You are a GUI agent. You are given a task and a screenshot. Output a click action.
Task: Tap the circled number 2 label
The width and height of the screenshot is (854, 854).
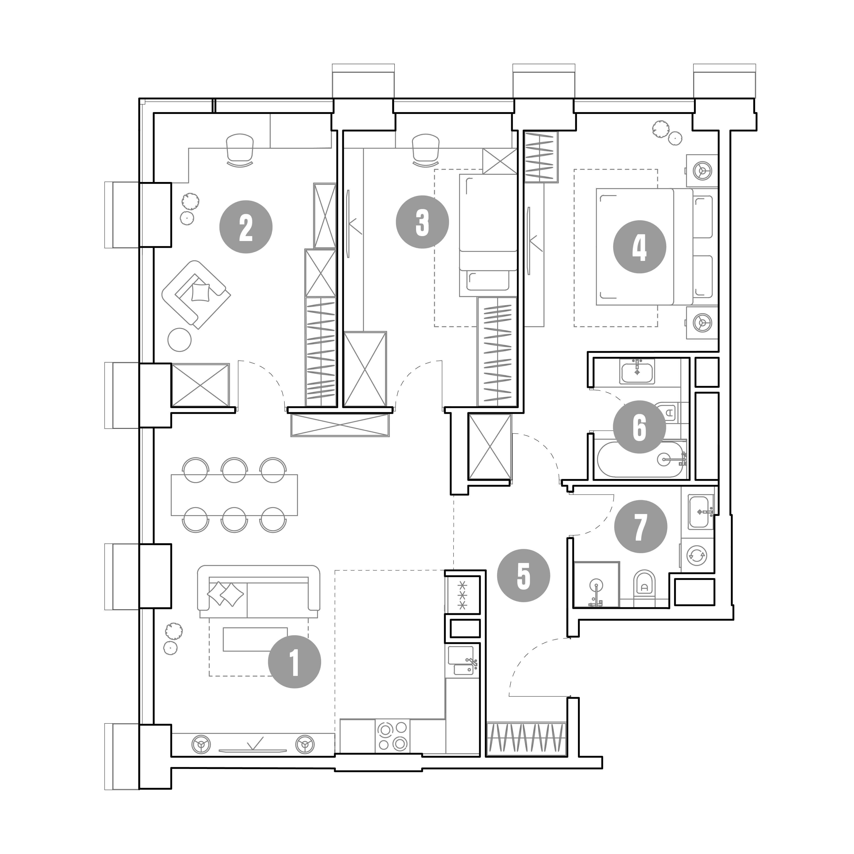[246, 227]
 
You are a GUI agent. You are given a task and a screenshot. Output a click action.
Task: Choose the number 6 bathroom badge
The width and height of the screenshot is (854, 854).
[639, 427]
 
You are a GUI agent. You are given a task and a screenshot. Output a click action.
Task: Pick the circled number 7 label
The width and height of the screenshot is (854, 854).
[640, 527]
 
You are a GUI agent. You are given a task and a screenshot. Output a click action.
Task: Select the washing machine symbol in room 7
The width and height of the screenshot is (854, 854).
[697, 555]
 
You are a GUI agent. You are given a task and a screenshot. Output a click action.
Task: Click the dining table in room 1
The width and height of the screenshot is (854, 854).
[234, 495]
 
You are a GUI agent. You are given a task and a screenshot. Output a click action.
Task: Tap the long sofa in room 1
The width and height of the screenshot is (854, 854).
[259, 591]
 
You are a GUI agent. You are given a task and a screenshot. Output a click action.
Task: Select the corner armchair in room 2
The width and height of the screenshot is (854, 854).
[196, 294]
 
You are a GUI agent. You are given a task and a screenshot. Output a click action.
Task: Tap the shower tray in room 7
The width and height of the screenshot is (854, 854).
[596, 584]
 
